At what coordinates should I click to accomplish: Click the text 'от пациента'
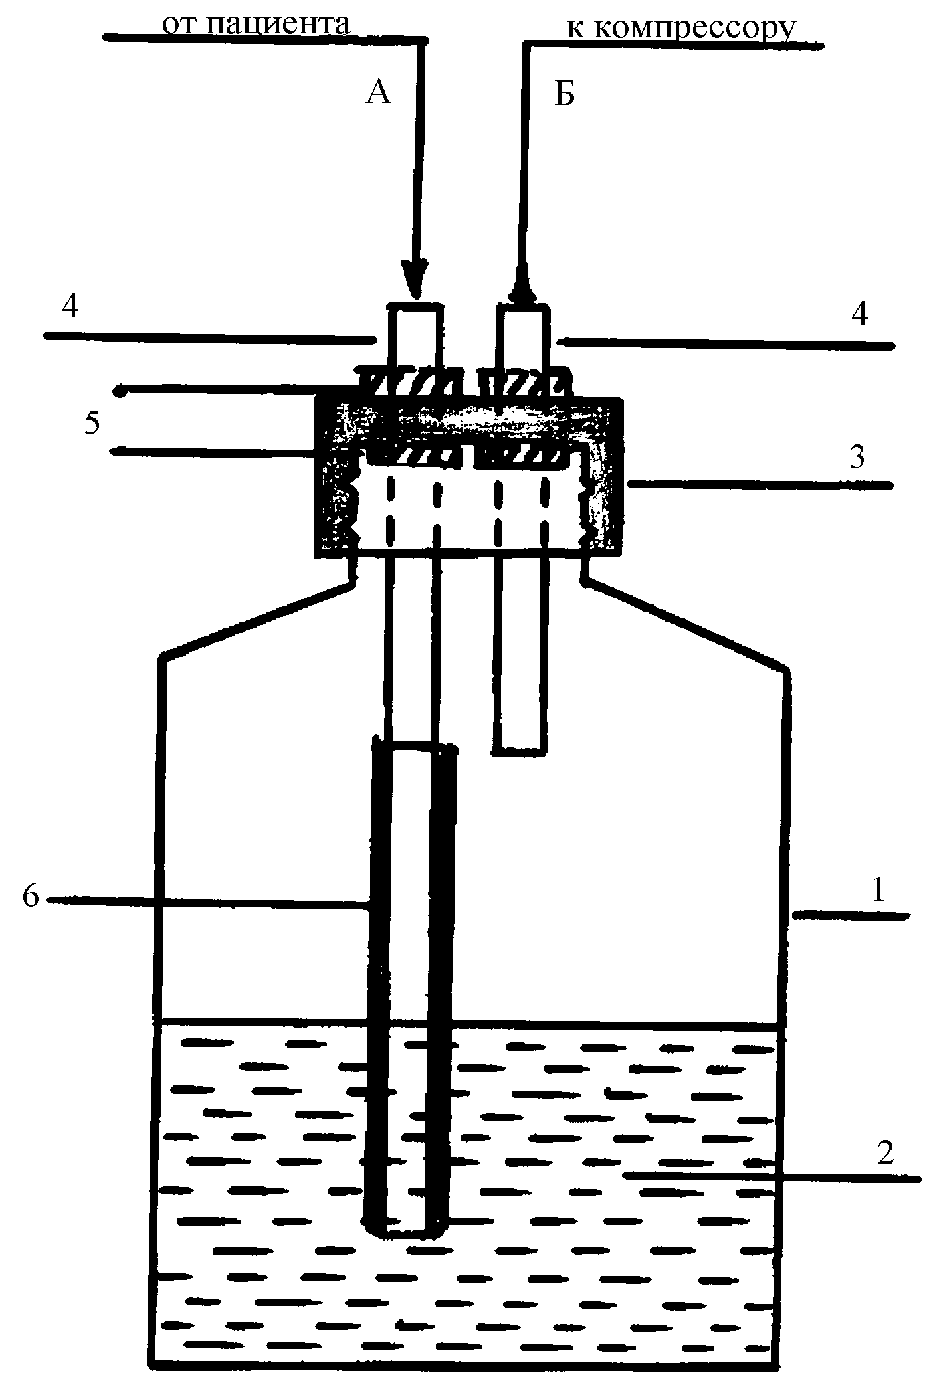point(256,25)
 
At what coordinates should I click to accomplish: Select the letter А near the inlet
point(378,94)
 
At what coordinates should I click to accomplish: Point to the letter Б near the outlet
point(564,95)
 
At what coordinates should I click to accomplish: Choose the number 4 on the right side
point(859,314)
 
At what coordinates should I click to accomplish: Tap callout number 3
point(857,457)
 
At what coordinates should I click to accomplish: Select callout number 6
point(31,896)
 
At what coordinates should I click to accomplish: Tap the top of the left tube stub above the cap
point(414,308)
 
